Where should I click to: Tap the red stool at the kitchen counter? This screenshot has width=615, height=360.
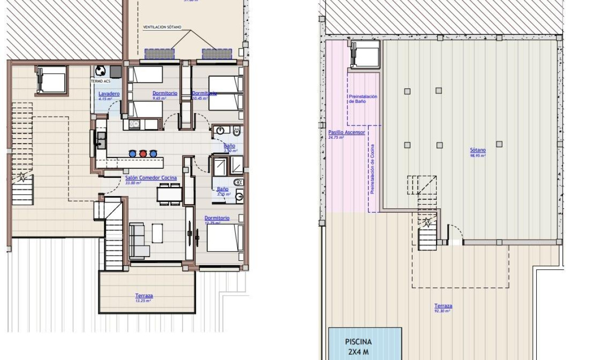pyautogui.click(x=143, y=154)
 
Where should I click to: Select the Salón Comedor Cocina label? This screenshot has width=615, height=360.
pyautogui.click(x=151, y=178)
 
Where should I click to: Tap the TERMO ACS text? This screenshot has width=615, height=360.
pyautogui.click(x=100, y=81)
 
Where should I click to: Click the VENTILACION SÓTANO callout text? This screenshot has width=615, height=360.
pyautogui.click(x=162, y=28)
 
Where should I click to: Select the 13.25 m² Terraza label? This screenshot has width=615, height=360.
pyautogui.click(x=143, y=296)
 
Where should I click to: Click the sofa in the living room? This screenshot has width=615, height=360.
pyautogui.click(x=137, y=240)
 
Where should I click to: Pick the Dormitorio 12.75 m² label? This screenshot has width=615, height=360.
pyautogui.click(x=217, y=218)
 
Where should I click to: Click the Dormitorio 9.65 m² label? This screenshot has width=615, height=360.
pyautogui.click(x=164, y=93)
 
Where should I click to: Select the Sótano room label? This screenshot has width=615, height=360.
pyautogui.click(x=478, y=151)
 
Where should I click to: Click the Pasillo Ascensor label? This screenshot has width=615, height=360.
pyautogui.click(x=347, y=133)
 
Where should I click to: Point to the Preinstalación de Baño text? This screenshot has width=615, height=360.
pyautogui.click(x=363, y=99)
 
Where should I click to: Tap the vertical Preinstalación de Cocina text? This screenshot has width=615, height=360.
pyautogui.click(x=372, y=169)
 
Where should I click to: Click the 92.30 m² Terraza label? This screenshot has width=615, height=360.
pyautogui.click(x=443, y=306)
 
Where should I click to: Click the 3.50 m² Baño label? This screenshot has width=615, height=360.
pyautogui.click(x=229, y=146)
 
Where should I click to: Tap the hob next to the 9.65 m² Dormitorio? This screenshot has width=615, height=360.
pyautogui.click(x=134, y=124)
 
